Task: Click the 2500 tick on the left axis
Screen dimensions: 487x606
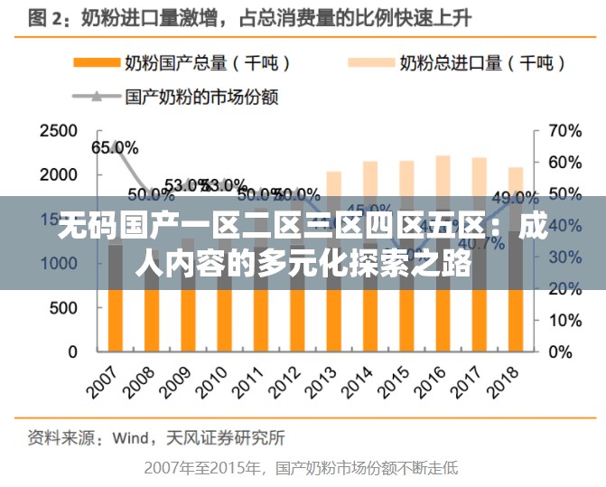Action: pos(58,131)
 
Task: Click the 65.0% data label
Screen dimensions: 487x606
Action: pos(115,147)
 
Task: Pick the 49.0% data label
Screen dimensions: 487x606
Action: pos(515,198)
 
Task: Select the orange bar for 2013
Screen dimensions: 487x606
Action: pos(334,321)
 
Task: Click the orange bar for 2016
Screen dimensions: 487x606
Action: pos(443,321)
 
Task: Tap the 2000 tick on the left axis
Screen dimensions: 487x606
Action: pos(58,174)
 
